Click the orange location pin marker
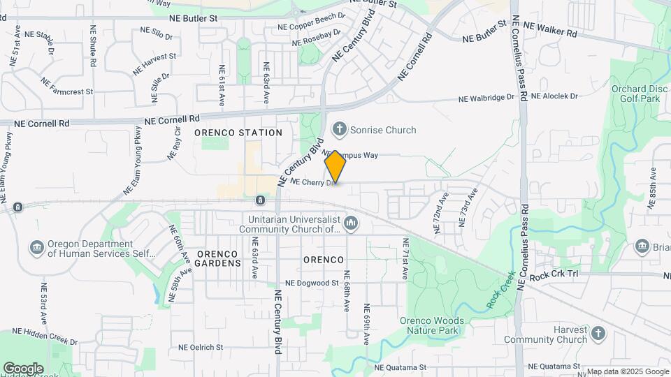(x=335, y=166)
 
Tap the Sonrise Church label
(x=383, y=130)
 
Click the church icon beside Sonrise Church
(x=340, y=129)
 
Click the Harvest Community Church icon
(x=598, y=334)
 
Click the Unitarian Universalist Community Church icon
(x=351, y=223)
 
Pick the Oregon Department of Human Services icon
(x=36, y=248)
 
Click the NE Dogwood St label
(x=312, y=283)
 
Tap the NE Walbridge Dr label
(x=486, y=98)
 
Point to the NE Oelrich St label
(x=201, y=347)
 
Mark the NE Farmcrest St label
(x=67, y=90)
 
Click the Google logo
(x=22, y=368)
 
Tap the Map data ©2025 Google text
(x=627, y=371)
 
